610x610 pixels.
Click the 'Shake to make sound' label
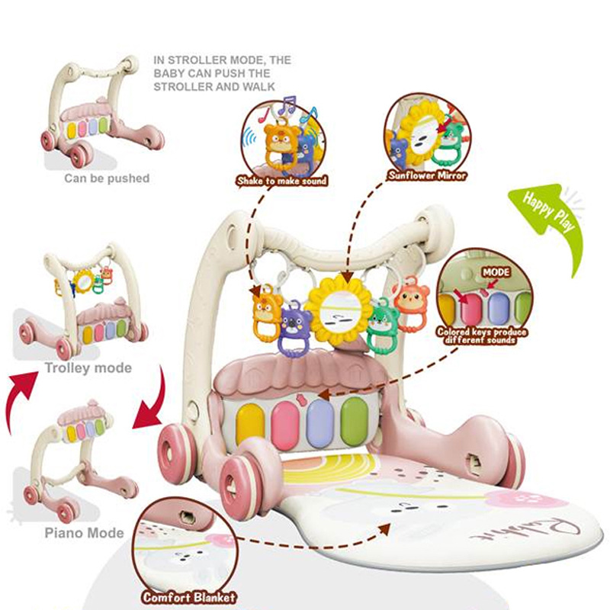click(281, 181)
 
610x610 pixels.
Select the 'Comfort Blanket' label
click(188, 598)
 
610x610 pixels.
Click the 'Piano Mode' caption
click(83, 533)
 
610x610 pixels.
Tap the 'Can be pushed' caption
click(106, 178)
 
